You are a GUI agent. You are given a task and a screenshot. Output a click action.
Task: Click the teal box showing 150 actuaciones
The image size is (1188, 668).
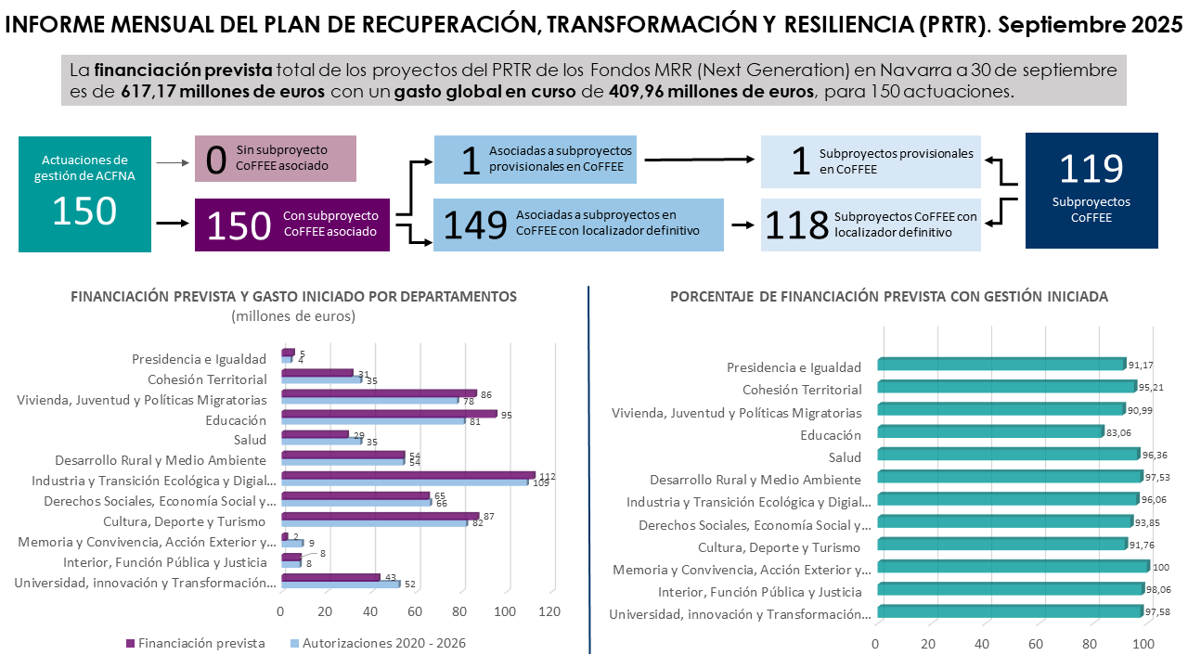(84, 192)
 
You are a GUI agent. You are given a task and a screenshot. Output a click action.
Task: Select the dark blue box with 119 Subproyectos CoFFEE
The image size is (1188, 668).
(1091, 190)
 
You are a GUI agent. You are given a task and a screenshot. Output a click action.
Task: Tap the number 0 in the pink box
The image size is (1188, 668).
(216, 159)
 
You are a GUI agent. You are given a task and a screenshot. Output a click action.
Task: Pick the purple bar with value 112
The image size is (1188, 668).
(407, 475)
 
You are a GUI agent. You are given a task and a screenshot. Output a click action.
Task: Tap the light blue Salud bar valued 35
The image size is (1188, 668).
(320, 441)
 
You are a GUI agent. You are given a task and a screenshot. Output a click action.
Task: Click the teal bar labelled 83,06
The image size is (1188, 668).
(989, 431)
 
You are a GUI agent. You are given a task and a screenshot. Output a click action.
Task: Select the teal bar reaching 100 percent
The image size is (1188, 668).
(1012, 566)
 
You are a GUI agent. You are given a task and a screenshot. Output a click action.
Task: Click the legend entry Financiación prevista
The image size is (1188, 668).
(196, 643)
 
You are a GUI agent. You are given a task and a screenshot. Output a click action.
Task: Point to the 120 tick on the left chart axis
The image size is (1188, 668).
(549, 612)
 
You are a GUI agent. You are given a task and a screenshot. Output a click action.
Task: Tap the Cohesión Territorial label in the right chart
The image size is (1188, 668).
(802, 390)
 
